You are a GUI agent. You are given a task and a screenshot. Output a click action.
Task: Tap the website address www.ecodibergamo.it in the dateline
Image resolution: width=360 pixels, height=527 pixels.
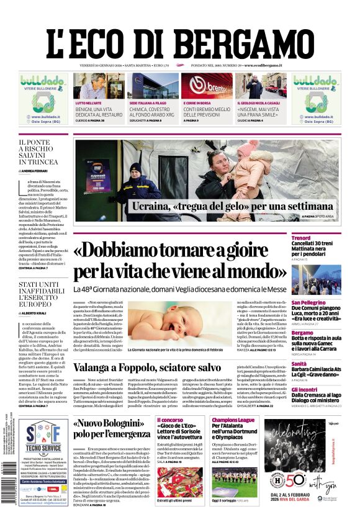(x=263, y=65)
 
